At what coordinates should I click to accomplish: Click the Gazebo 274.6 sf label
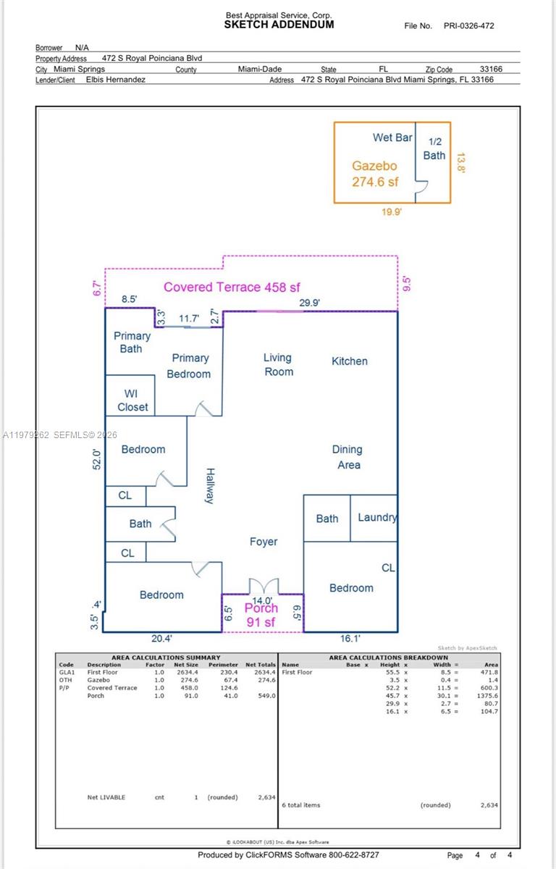pyautogui.click(x=375, y=174)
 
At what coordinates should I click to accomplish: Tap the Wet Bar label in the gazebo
pyautogui.click(x=392, y=138)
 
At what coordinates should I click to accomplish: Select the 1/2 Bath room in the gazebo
pyautogui.click(x=434, y=148)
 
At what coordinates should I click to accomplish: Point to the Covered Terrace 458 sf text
pyautogui.click(x=232, y=287)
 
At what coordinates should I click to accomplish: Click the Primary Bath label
pyautogui.click(x=132, y=342)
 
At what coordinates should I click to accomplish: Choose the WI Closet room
pyautogui.click(x=132, y=400)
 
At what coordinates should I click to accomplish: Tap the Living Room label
pyautogui.click(x=278, y=364)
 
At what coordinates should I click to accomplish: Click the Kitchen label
pyautogui.click(x=349, y=361)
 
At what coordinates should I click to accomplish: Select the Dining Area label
pyautogui.click(x=347, y=457)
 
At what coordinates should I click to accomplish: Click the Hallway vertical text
pyautogui.click(x=209, y=485)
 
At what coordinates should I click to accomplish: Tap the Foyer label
pyautogui.click(x=263, y=542)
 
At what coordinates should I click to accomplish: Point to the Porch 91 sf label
pyautogui.click(x=261, y=615)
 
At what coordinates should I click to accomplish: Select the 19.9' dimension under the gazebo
pyautogui.click(x=392, y=212)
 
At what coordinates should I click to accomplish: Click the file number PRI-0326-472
pyautogui.click(x=469, y=26)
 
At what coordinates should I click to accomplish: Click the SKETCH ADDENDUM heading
pyautogui.click(x=279, y=25)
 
